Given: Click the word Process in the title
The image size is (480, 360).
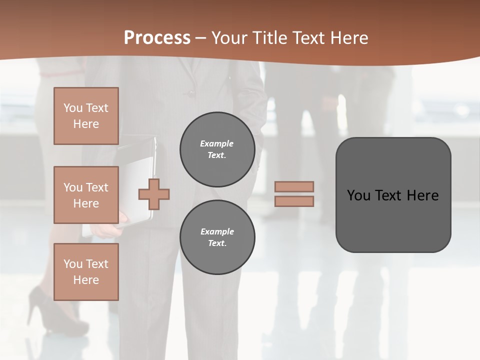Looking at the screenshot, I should pyautogui.click(x=157, y=37).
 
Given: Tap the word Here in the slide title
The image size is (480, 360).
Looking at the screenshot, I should pyautogui.click(x=346, y=37).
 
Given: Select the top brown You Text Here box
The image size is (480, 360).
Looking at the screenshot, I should pyautogui.click(x=86, y=116).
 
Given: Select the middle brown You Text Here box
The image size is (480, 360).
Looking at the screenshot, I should pyautogui.click(x=86, y=195).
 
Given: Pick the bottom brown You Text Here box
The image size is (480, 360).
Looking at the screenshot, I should pyautogui.click(x=86, y=271).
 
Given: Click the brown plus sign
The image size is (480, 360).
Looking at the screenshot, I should pyautogui.click(x=154, y=194).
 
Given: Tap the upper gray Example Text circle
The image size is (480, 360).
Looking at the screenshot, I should pyautogui.click(x=217, y=149).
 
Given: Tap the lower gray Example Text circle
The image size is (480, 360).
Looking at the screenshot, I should pyautogui.click(x=217, y=237).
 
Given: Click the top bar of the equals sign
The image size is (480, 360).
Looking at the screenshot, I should pyautogui.click(x=294, y=186).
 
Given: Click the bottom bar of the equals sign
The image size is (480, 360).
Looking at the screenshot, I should pyautogui.click(x=294, y=201).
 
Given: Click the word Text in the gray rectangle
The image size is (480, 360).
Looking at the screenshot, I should pyautogui.click(x=390, y=195).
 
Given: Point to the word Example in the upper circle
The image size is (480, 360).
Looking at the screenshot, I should pyautogui.click(x=216, y=143).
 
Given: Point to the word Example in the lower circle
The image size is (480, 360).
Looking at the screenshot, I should pyautogui.click(x=217, y=231).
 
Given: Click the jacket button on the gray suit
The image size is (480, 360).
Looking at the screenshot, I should pyautogui.click(x=188, y=92).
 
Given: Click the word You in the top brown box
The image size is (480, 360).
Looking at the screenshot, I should pyautogui.click(x=73, y=108).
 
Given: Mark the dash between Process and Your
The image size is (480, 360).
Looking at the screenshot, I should pyautogui.click(x=200, y=38).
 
